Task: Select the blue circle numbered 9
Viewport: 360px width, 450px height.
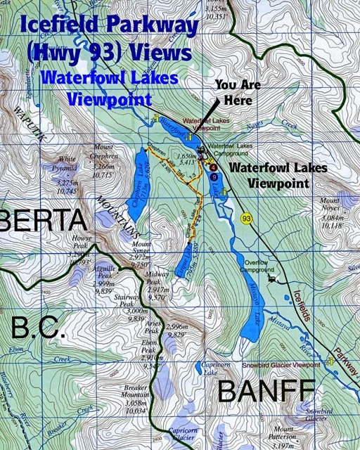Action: tap(214, 176)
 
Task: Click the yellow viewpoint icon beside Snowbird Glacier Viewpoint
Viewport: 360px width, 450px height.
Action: tap(330, 361)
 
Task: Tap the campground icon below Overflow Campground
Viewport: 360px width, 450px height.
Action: tap(271, 278)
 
